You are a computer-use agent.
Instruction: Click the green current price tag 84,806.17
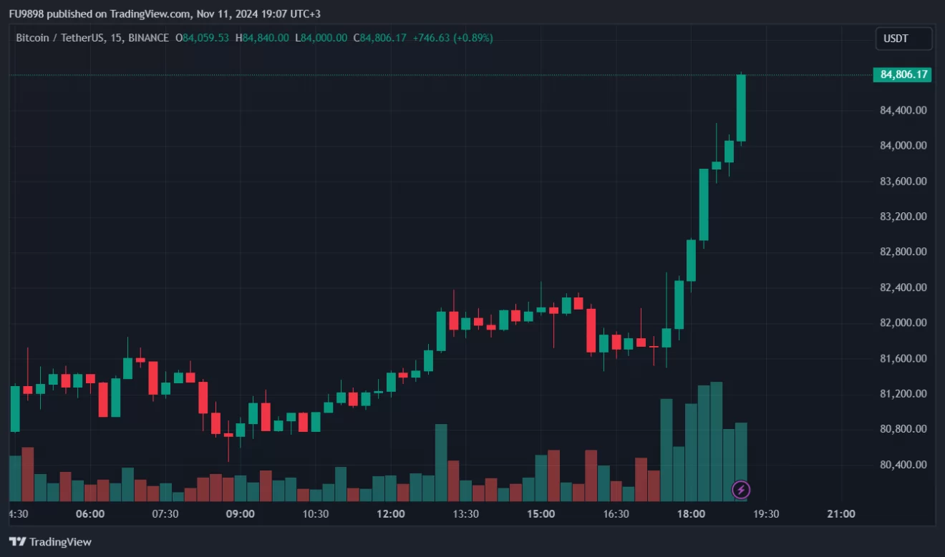pyautogui.click(x=902, y=74)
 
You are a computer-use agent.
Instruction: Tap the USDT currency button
pyautogui.click(x=903, y=39)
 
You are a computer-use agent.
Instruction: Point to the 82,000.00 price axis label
pyautogui.click(x=903, y=322)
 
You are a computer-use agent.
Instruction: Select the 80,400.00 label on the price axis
pyautogui.click(x=903, y=464)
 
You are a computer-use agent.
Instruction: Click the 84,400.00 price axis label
pyautogui.click(x=903, y=110)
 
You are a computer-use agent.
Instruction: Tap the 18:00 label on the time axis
pyautogui.click(x=691, y=513)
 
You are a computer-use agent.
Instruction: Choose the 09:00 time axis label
pyautogui.click(x=240, y=513)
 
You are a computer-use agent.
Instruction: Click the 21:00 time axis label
pyautogui.click(x=841, y=513)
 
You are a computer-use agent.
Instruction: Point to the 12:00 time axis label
pyautogui.click(x=391, y=513)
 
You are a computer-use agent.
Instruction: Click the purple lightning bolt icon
pyautogui.click(x=741, y=490)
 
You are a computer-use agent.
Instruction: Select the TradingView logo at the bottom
pyautogui.click(x=50, y=542)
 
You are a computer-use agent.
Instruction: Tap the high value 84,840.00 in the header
pyautogui.click(x=266, y=38)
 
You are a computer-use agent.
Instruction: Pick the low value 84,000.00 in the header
pyautogui.click(x=324, y=38)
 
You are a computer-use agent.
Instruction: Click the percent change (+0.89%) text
pyautogui.click(x=473, y=38)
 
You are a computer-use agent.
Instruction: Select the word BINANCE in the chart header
pyautogui.click(x=148, y=38)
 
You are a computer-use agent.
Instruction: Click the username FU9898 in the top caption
pyautogui.click(x=26, y=14)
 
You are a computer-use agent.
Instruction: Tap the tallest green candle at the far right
pyautogui.click(x=741, y=108)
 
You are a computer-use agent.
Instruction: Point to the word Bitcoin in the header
pyautogui.click(x=32, y=38)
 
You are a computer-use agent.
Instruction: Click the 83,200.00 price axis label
pyautogui.click(x=903, y=216)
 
